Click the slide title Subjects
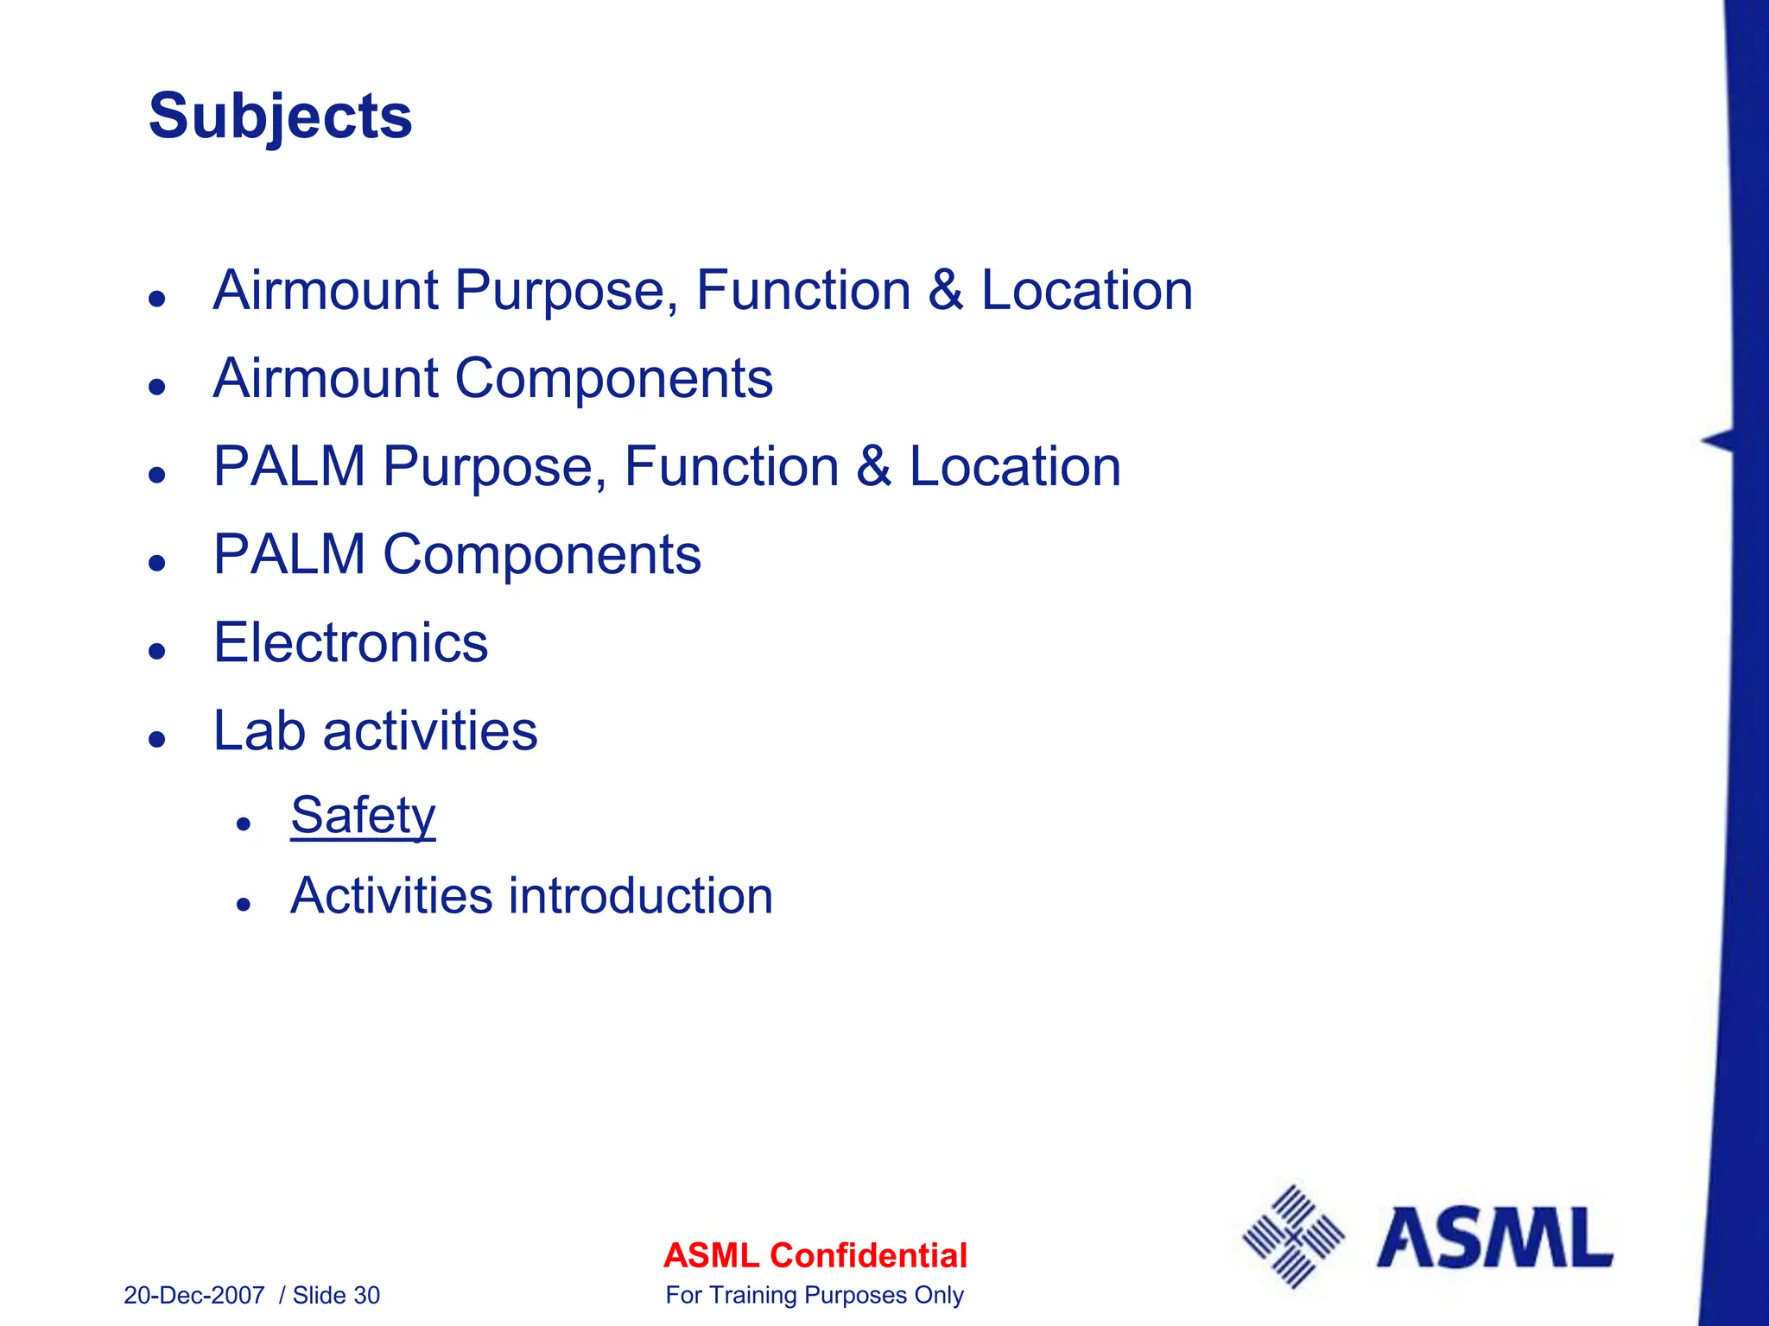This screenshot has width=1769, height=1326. tap(280, 117)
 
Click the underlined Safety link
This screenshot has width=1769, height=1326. tap(363, 815)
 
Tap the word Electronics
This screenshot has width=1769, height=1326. tap(351, 643)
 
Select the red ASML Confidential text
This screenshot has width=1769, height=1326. tap(815, 1255)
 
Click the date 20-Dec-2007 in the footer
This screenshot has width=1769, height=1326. tap(194, 1295)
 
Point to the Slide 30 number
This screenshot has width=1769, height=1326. tap(336, 1295)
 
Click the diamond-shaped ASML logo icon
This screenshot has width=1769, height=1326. tap(1293, 1236)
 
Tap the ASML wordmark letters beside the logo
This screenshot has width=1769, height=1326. tap(1493, 1239)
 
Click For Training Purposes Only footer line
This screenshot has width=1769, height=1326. tap(815, 1295)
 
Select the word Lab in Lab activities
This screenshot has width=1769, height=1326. tap(259, 731)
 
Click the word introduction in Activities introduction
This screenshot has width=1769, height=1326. tap(640, 895)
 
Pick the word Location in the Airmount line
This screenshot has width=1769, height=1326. tap(1087, 290)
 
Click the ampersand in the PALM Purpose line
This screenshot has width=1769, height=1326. tap(873, 467)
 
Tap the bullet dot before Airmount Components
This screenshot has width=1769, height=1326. tap(156, 386)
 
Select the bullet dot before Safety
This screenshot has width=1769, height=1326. tap(244, 824)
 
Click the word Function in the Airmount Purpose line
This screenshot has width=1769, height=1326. tap(803, 290)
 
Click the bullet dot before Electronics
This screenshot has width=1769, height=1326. tap(156, 651)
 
